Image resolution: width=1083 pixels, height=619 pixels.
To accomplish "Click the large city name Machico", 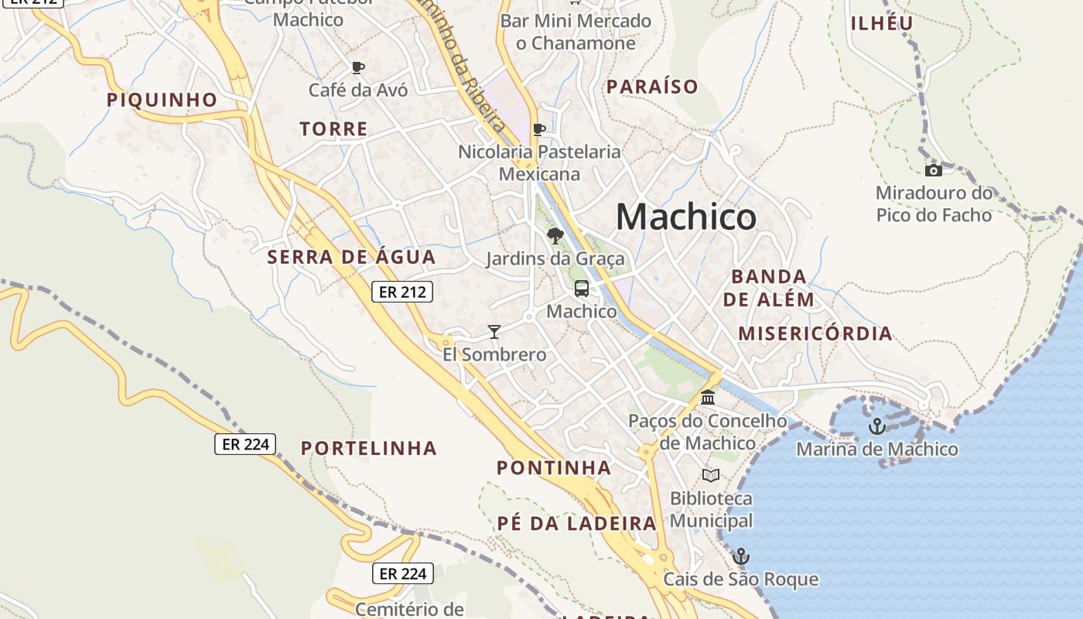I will tap(686, 217).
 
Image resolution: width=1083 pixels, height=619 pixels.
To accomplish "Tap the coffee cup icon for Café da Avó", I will tap(357, 68).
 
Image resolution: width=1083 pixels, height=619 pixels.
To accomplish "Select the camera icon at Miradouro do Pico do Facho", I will tap(934, 170).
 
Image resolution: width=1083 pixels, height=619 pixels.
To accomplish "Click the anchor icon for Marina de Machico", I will tap(876, 426).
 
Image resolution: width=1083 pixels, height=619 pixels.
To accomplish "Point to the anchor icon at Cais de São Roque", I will tap(741, 556).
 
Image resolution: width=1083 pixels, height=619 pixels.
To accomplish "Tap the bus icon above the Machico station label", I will tap(581, 289).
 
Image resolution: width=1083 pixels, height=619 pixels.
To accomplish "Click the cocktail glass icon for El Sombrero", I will tap(494, 332).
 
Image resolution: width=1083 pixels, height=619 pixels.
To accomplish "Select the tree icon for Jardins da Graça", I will tap(555, 236).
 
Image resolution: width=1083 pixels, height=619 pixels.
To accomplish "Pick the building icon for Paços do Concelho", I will tap(708, 398).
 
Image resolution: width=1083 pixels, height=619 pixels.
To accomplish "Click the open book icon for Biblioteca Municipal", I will tap(711, 475).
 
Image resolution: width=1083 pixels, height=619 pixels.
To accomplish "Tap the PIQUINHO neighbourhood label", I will tap(162, 100).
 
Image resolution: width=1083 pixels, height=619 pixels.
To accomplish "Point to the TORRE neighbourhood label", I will tap(334, 129).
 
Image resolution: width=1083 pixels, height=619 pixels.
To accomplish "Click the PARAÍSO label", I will tap(652, 87).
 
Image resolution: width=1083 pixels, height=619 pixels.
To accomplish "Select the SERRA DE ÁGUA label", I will tap(351, 257).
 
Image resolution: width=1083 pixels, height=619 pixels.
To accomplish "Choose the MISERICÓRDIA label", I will tap(815, 333).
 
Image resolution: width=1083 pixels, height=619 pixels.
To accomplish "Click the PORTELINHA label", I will tap(369, 448).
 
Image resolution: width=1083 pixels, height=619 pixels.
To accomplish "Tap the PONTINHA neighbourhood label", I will tap(554, 467).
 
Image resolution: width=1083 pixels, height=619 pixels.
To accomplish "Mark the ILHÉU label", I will tap(882, 23).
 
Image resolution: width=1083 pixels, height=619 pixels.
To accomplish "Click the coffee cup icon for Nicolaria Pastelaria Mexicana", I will tap(539, 129).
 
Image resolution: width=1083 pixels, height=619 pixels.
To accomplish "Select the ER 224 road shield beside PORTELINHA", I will tap(245, 444).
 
